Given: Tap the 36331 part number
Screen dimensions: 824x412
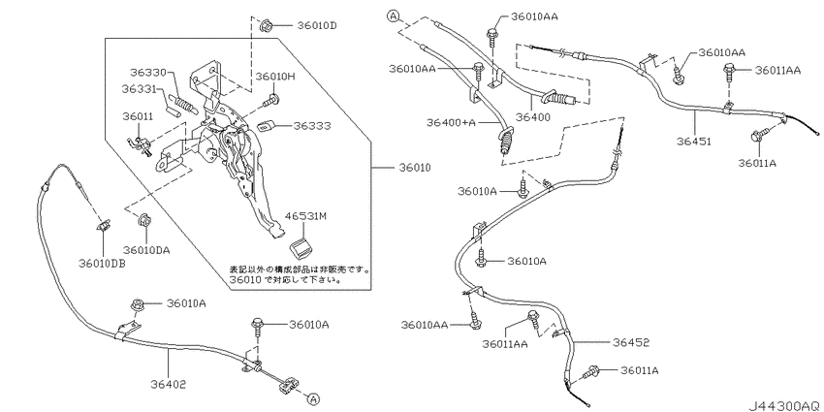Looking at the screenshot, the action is tap(141, 89).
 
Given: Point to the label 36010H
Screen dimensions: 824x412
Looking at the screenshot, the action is tap(276, 77).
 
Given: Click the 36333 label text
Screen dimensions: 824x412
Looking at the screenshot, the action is tap(312, 126).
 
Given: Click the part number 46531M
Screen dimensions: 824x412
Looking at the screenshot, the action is tap(305, 215).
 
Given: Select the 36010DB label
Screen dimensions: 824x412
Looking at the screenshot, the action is tap(102, 264).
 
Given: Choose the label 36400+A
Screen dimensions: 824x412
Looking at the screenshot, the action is tap(451, 122).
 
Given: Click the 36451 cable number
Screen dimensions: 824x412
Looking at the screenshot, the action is tap(694, 142).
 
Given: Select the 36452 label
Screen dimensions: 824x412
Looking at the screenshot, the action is tap(631, 342).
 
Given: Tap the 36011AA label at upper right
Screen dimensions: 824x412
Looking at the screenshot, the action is tap(778, 70).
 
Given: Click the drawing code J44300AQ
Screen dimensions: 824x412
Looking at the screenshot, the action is tap(783, 405).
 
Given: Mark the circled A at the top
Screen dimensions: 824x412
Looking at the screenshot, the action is tap(394, 16).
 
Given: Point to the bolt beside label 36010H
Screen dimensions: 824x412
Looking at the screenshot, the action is tap(272, 99).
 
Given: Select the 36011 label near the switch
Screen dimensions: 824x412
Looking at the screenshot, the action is tap(139, 116).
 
